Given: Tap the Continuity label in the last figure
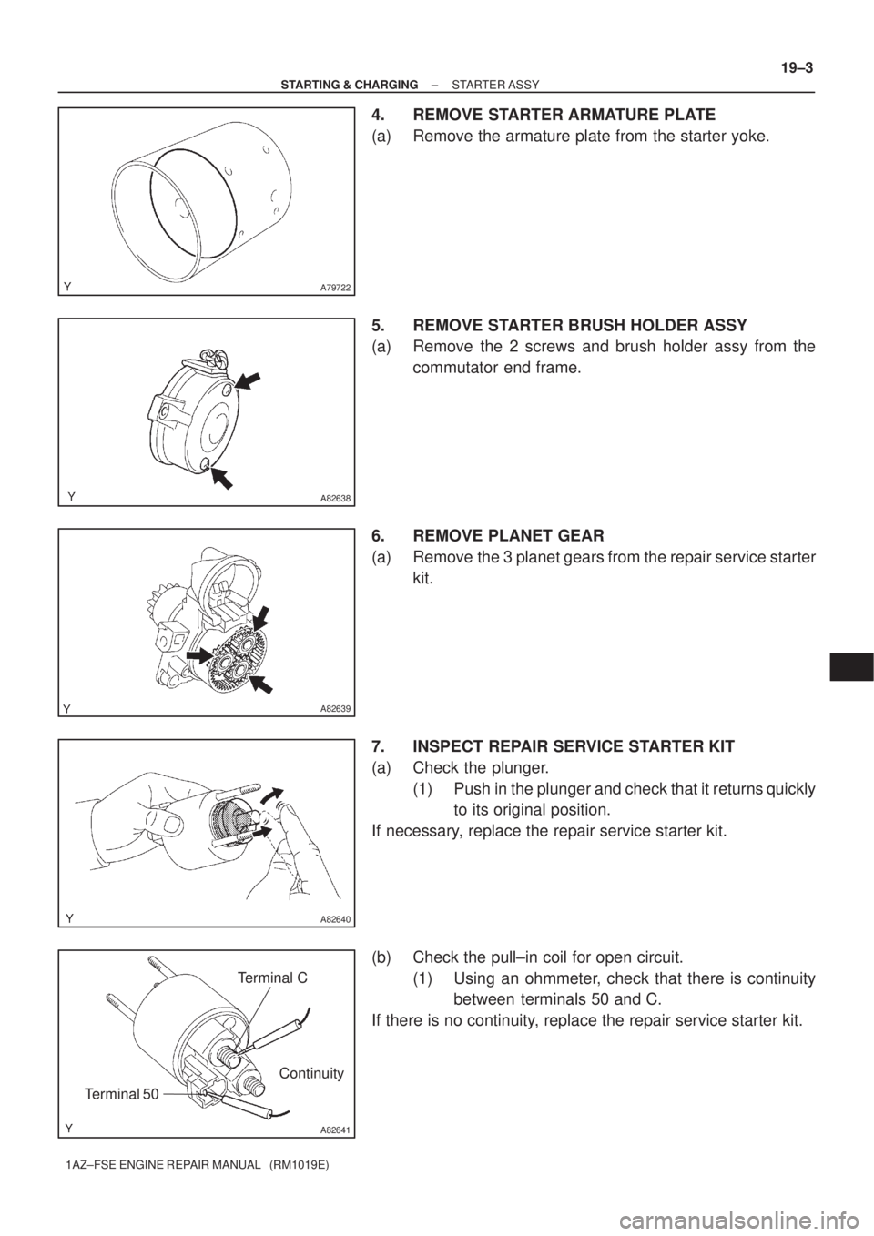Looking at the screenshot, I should pyautogui.click(x=311, y=1073).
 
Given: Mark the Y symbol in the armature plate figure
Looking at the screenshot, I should pyautogui.click(x=69, y=285).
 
